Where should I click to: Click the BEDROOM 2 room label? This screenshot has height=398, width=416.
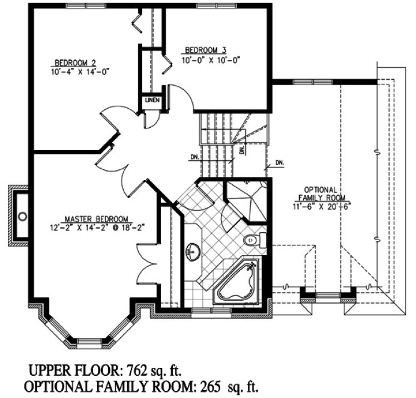[x=74, y=62]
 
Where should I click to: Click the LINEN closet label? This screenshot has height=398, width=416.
[x=151, y=100]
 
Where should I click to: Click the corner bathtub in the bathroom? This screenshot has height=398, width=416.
[x=237, y=282]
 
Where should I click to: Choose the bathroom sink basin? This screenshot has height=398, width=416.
[x=193, y=250]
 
